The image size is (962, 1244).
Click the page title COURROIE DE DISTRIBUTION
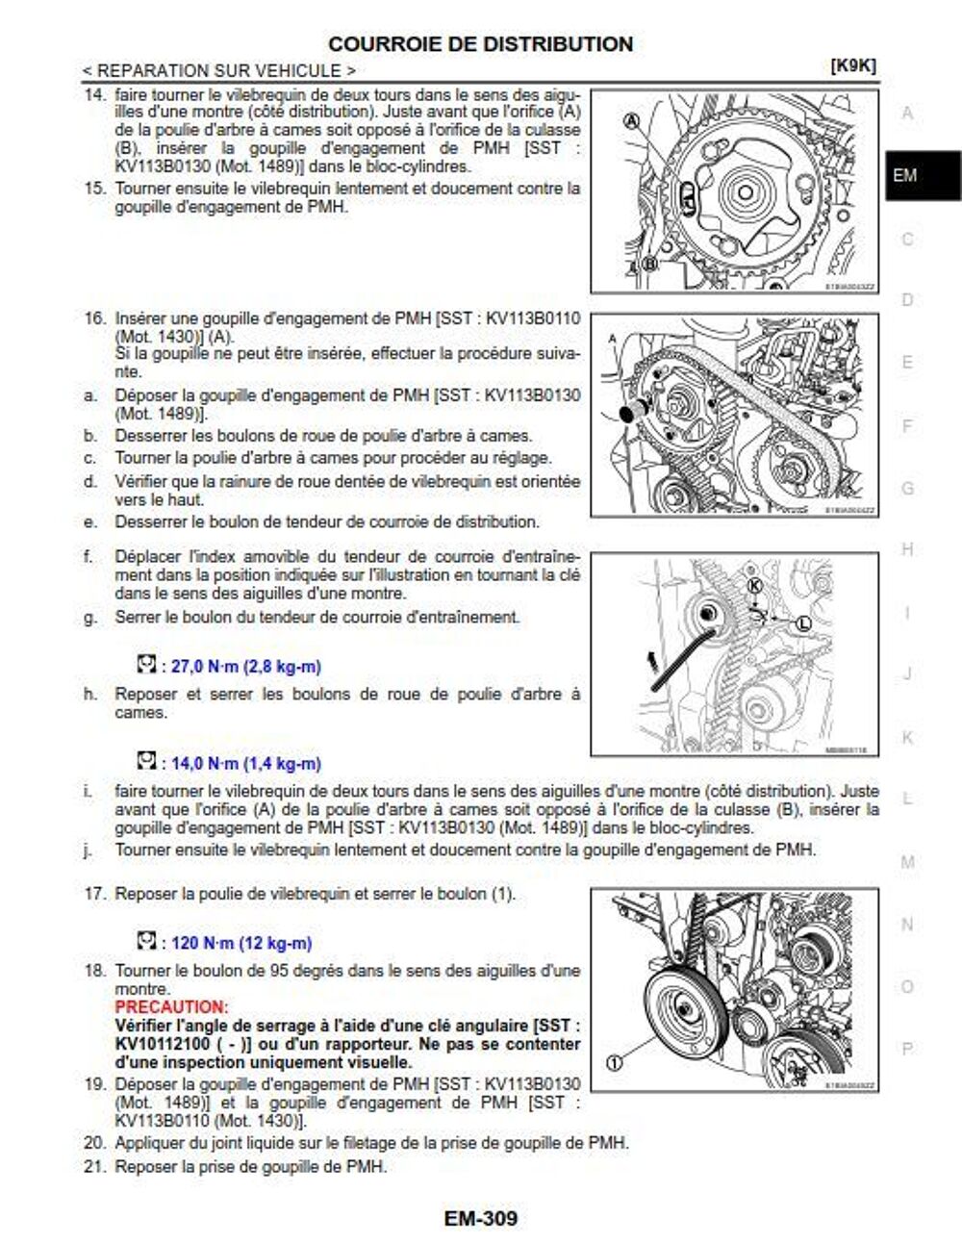(x=480, y=44)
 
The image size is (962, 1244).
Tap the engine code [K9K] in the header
(x=852, y=65)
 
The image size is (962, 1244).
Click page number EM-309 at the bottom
(x=480, y=1218)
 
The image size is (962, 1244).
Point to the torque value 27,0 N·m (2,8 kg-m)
(x=245, y=666)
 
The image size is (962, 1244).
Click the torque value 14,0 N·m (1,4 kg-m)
(x=245, y=763)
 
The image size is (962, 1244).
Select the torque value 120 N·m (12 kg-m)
(x=240, y=943)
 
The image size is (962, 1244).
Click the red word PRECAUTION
(x=171, y=1006)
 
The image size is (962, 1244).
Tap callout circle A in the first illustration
(x=632, y=121)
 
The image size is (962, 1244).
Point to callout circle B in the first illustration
(x=650, y=264)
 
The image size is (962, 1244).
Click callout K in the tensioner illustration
(x=754, y=586)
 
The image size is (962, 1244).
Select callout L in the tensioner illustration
(x=803, y=623)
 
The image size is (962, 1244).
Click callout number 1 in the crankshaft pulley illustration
(x=615, y=1062)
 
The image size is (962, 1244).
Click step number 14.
(x=93, y=95)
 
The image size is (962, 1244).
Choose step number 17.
(x=93, y=894)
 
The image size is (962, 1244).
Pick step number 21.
(x=93, y=1167)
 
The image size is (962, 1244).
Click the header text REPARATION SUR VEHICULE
(x=218, y=70)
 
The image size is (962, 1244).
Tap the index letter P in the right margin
(x=906, y=1048)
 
